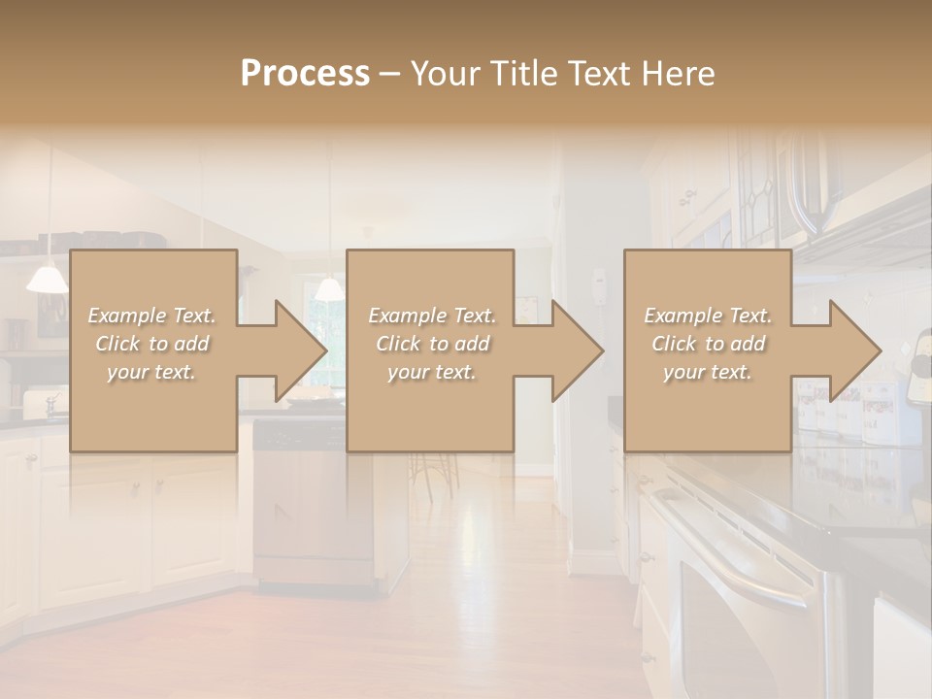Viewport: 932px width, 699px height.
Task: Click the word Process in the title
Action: (x=305, y=74)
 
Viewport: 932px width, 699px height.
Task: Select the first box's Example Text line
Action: (x=151, y=316)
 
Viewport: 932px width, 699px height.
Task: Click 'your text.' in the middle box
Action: (x=431, y=372)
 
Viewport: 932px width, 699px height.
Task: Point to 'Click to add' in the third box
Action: (x=708, y=344)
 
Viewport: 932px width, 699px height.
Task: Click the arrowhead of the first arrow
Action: (x=300, y=350)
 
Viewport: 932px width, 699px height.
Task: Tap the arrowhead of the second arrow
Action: (x=578, y=350)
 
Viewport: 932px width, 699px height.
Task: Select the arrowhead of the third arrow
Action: (x=855, y=350)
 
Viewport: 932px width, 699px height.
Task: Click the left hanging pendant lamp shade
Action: (x=47, y=280)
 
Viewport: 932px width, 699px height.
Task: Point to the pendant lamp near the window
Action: (x=329, y=288)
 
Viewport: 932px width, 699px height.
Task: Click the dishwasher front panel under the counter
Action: (x=311, y=505)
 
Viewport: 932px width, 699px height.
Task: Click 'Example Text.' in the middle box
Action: (x=431, y=316)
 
